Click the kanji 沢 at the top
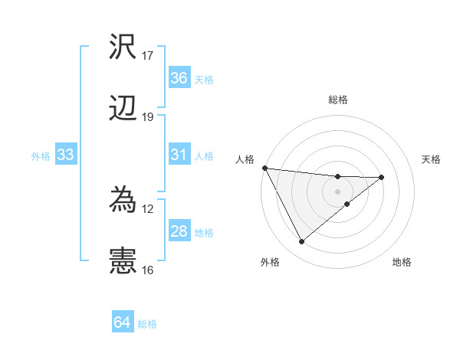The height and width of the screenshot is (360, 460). click(x=123, y=48)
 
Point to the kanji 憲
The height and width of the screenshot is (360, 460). click(x=123, y=261)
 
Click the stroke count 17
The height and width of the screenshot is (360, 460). click(x=148, y=56)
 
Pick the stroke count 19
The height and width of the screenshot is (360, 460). click(x=148, y=117)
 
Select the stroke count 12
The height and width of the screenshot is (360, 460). click(x=148, y=208)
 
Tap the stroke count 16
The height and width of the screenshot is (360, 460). click(x=148, y=270)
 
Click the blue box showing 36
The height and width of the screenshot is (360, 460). click(x=179, y=78)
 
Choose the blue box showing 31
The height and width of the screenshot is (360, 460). click(x=179, y=155)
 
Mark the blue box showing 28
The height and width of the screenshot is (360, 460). click(x=179, y=231)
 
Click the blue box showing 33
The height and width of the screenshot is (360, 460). click(x=65, y=155)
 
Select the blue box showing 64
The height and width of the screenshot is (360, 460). click(x=123, y=323)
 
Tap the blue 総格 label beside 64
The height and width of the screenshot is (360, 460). click(x=147, y=324)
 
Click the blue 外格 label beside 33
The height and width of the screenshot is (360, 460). click(x=41, y=155)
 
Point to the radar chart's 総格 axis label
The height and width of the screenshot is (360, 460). click(x=338, y=100)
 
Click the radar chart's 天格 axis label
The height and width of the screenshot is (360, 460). click(x=432, y=159)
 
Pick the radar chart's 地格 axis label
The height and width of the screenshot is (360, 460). click(x=402, y=262)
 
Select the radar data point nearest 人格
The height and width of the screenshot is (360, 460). click(x=264, y=168)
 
